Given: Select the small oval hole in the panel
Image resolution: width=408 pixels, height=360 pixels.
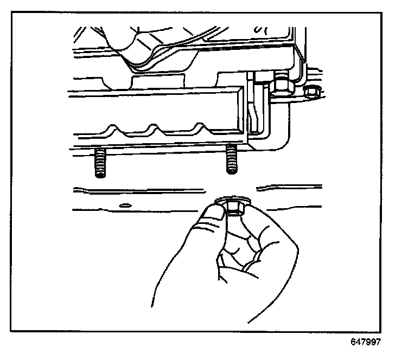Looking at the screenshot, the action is click(125, 205).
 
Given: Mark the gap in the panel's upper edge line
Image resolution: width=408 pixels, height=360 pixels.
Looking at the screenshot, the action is click(231, 189).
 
